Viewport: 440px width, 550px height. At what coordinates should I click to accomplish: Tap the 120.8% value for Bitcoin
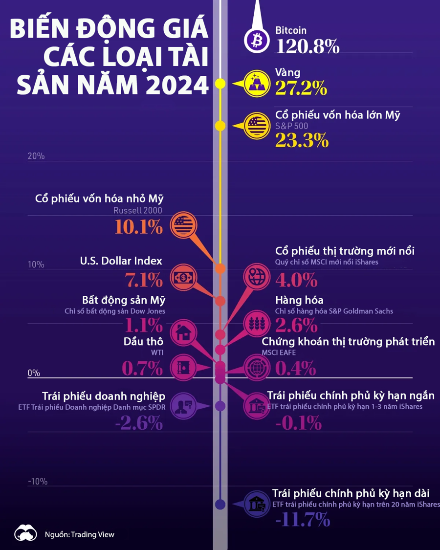click(308, 46)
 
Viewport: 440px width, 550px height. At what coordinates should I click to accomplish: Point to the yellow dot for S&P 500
click(220, 126)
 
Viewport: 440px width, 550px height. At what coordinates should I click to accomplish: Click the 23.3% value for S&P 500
click(301, 140)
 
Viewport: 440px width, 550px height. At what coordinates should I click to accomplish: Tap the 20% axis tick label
click(36, 156)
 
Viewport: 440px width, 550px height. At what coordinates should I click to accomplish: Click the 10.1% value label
click(138, 227)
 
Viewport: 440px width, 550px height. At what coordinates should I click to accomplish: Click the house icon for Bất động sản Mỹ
click(183, 333)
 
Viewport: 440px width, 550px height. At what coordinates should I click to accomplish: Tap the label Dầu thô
click(143, 341)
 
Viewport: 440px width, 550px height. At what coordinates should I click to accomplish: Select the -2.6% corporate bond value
click(138, 422)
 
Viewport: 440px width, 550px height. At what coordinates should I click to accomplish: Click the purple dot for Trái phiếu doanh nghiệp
click(220, 406)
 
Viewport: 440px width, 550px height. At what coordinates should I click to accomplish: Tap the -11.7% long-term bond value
click(303, 520)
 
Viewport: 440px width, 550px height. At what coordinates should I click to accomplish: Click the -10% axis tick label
click(38, 482)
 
